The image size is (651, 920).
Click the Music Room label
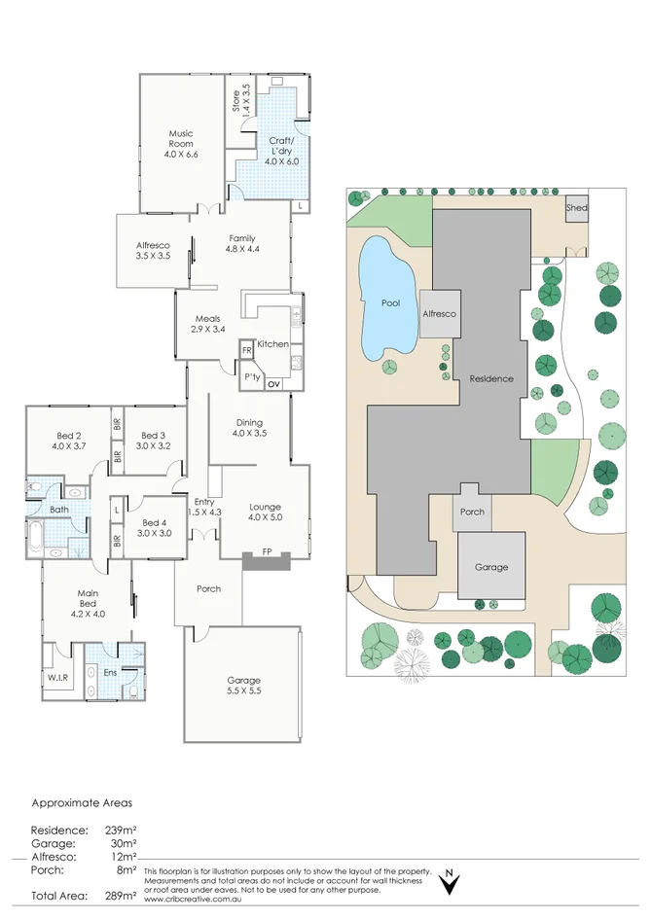181,144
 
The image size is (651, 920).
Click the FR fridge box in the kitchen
247,349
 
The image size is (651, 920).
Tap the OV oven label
272,384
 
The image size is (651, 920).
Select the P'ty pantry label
251,376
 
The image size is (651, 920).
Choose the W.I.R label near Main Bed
57,678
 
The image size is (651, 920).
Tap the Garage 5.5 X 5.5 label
244,685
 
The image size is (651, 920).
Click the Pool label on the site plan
390,303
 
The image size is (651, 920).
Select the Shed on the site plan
577,208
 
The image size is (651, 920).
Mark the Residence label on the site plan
491,378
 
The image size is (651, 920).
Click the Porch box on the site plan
472,512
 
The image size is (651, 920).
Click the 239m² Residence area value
121,830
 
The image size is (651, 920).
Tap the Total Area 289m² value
121,895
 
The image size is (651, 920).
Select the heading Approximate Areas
82,803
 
